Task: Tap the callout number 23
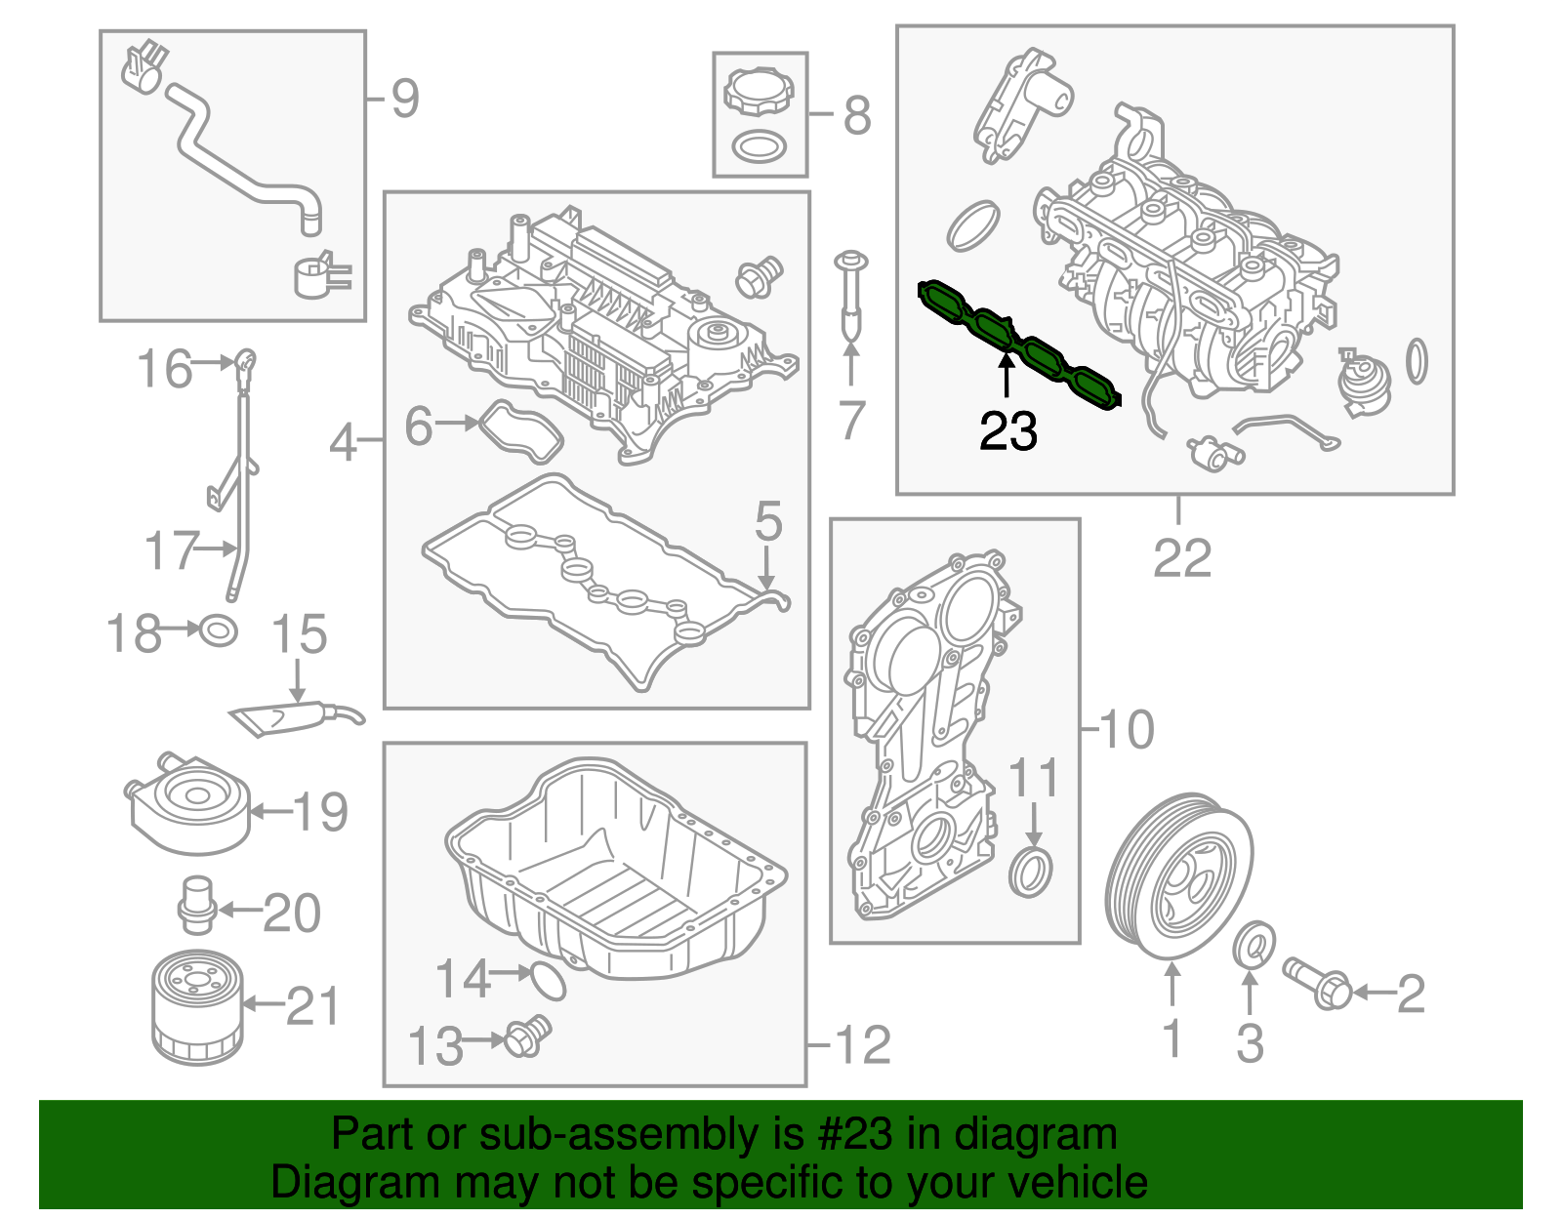pos(1007,430)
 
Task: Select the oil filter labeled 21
pos(196,1009)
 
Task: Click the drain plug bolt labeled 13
pos(527,1036)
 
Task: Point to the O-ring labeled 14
pos(549,981)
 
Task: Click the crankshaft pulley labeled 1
pos(1178,876)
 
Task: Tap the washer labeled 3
pos(1254,945)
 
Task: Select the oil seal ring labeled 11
pos(1031,873)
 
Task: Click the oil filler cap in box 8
pos(760,90)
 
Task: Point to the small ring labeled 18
pos(218,630)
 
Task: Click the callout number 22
pos(1181,558)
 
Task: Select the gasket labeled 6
pos(523,434)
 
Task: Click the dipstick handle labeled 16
pos(246,362)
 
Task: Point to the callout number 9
pos(404,99)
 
